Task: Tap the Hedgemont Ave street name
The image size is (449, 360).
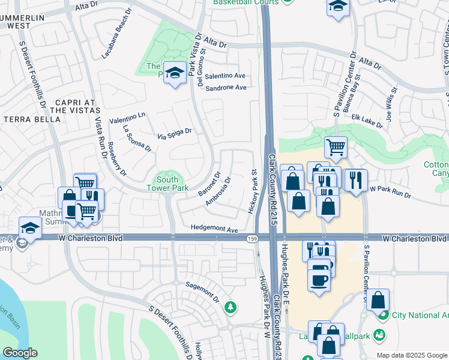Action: click(x=215, y=229)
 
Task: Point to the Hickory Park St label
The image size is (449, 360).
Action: click(x=252, y=191)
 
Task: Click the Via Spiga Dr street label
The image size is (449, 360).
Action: click(x=174, y=134)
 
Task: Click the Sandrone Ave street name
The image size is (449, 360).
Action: click(x=226, y=88)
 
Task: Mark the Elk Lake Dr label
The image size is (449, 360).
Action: click(x=367, y=121)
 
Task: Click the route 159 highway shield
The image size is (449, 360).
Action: click(x=252, y=239)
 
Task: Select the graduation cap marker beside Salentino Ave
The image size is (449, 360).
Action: click(x=175, y=74)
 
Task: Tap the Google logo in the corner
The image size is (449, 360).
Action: click(x=20, y=353)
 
